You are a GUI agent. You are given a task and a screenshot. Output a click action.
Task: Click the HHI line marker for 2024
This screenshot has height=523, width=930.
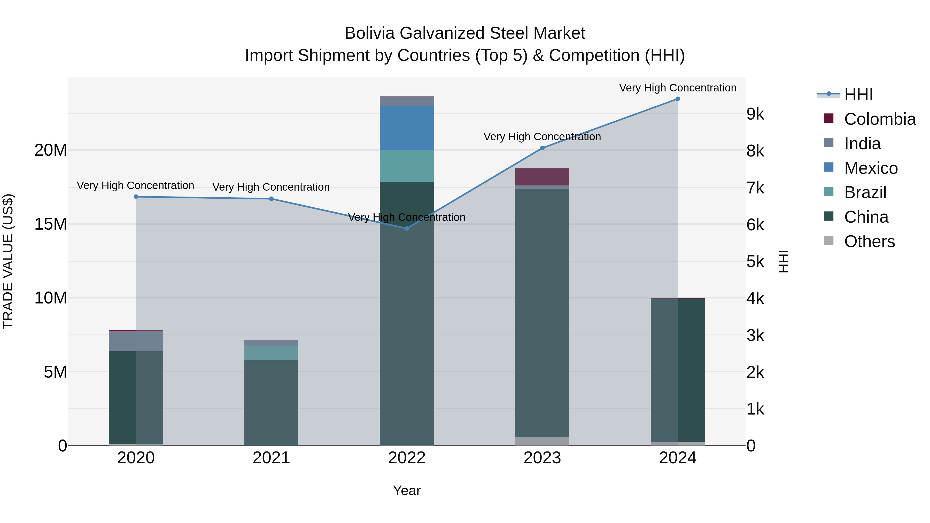[x=677, y=99]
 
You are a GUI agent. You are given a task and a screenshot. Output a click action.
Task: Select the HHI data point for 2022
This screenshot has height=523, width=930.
[x=407, y=229]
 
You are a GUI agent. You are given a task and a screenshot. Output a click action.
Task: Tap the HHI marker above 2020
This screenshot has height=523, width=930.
[x=136, y=197]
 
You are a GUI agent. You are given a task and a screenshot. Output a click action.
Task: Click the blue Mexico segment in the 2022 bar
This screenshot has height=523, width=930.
[x=407, y=128]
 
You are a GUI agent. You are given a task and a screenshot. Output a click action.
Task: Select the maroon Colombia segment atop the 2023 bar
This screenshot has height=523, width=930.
[x=542, y=177]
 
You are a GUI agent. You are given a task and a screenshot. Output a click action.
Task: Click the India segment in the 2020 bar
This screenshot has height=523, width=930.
[x=136, y=341]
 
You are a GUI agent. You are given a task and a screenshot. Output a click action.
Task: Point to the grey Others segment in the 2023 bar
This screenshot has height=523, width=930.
[x=542, y=441]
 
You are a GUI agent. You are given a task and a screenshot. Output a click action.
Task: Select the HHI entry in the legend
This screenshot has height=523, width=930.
[x=858, y=95]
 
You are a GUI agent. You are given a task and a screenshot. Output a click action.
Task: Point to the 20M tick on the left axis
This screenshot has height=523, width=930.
[x=51, y=150]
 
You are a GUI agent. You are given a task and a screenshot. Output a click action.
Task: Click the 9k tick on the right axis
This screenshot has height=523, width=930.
[x=755, y=114]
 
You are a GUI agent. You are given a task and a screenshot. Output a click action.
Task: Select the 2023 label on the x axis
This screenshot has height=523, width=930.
[x=542, y=458]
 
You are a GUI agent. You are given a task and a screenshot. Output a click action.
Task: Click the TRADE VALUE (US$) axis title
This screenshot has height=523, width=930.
[x=8, y=261]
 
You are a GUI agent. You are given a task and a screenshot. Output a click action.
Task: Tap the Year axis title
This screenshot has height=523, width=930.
[x=407, y=490]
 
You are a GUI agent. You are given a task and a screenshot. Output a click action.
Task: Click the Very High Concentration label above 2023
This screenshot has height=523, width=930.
[x=542, y=137]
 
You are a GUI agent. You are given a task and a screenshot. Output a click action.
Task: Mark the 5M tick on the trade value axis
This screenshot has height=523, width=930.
[x=55, y=372]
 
